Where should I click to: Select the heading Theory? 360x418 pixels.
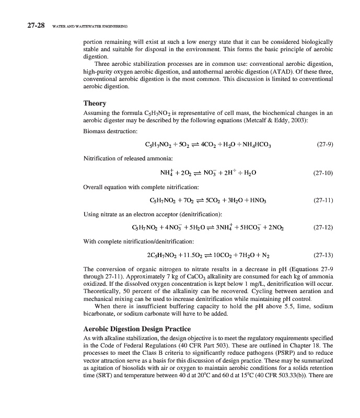pos(95,103)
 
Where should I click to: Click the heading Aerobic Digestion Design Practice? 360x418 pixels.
pos(137,329)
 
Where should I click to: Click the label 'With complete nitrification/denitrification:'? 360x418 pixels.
pos(139,241)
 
